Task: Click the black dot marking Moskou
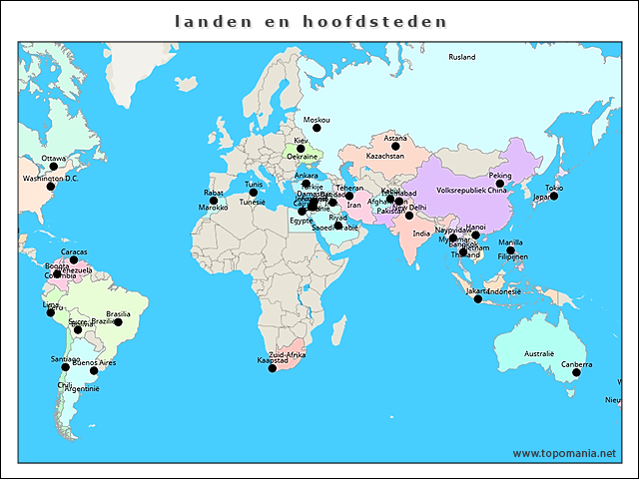coord(317,127)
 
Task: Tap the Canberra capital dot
coord(576,372)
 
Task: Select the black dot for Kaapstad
coord(272,368)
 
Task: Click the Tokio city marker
coord(554,196)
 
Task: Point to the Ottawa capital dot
coord(54,167)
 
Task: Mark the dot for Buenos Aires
coord(94,371)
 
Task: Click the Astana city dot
coord(395,147)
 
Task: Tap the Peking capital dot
coord(500,184)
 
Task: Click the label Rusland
coord(462,58)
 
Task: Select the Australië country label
coord(539,353)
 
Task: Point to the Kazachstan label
coord(385,157)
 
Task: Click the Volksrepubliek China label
coord(472,190)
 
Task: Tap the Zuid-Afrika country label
coord(288,355)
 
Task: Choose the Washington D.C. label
coord(50,179)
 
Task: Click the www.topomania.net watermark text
coord(564,453)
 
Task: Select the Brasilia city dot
coord(118,322)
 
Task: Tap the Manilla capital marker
coord(510,250)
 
